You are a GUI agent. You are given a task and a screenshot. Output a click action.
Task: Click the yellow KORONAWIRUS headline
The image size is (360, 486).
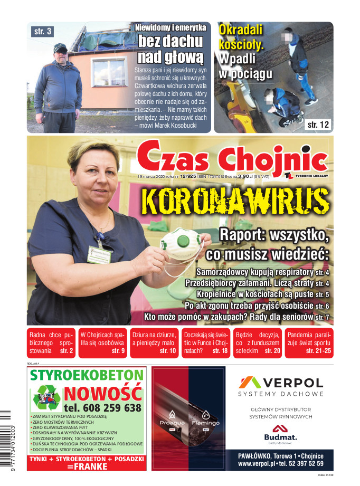pyautogui.click(x=235, y=201)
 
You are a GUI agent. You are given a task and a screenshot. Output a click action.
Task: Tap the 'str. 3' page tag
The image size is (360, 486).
pyautogui.click(x=43, y=32)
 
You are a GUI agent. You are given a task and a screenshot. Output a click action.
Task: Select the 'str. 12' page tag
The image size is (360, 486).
pyautogui.click(x=318, y=125)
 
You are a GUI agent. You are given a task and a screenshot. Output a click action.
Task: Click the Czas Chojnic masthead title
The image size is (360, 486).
pyautogui.click(x=232, y=157)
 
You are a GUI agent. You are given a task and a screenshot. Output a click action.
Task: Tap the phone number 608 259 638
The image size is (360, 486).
pyautogui.click(x=102, y=408)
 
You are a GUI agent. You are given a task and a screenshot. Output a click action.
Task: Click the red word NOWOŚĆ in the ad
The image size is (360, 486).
pyautogui.click(x=103, y=394)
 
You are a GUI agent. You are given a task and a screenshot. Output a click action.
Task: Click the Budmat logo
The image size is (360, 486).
pyautogui.click(x=280, y=434)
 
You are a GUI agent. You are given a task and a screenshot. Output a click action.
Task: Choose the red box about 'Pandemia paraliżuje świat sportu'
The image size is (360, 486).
pyautogui.click(x=309, y=343)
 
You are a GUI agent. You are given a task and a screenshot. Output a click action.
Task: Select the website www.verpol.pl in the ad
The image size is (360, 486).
pyautogui.click(x=258, y=464)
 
